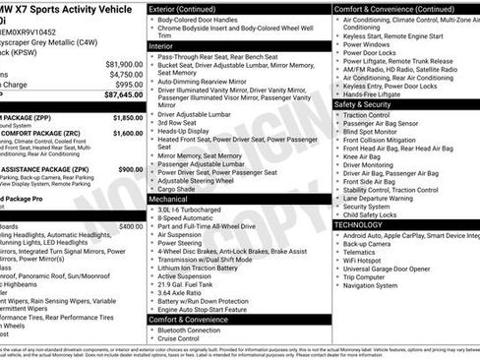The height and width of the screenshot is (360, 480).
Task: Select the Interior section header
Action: [x=161, y=45]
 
